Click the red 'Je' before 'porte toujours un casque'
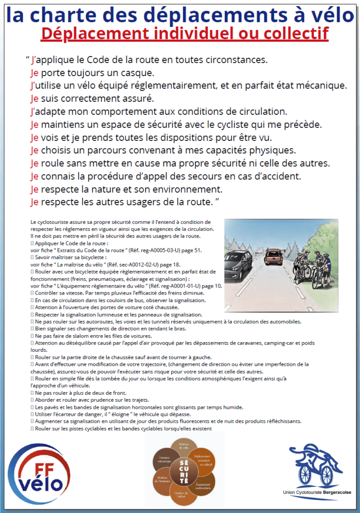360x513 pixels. pyautogui.click(x=34, y=73)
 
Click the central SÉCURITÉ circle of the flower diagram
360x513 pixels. pyautogui.click(x=183, y=471)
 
